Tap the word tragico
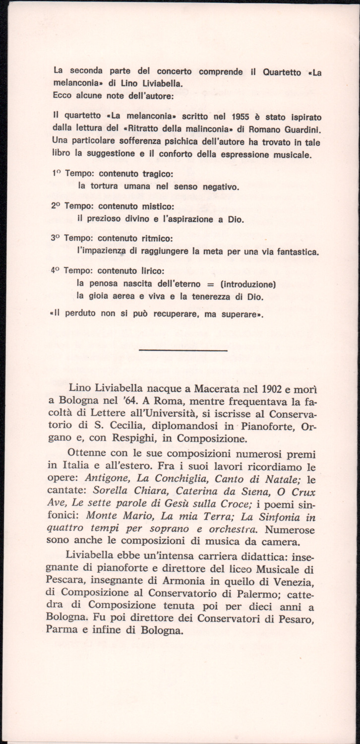157,174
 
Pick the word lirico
150,271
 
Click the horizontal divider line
183,350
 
